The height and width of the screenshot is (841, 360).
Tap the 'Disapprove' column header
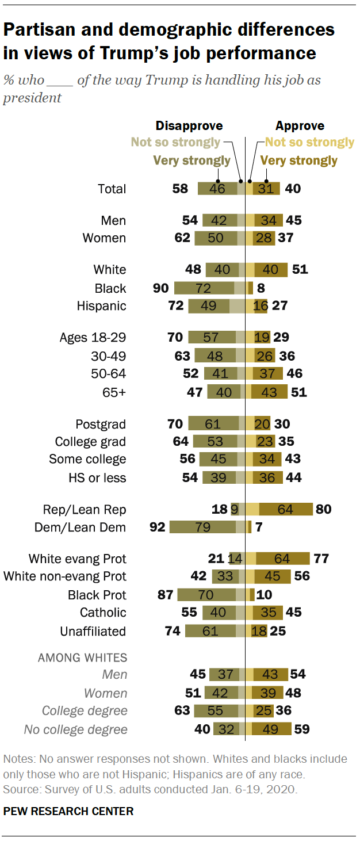pyautogui.click(x=189, y=126)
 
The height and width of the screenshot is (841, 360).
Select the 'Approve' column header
pyautogui.click(x=300, y=126)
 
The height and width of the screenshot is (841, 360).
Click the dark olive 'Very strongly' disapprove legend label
pyautogui.click(x=192, y=160)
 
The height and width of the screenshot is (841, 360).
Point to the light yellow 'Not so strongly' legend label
pyautogui.click(x=309, y=142)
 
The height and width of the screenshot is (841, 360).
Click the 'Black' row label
pyautogui.click(x=110, y=288)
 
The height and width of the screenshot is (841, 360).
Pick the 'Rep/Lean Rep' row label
pyautogui.click(x=84, y=509)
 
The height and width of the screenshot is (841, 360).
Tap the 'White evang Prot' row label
pyautogui.click(x=77, y=559)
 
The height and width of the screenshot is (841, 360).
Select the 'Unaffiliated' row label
pyautogui.click(x=93, y=631)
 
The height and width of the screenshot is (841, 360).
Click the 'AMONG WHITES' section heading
pyautogui.click(x=82, y=657)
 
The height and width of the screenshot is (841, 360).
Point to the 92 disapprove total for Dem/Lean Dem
pyautogui.click(x=156, y=527)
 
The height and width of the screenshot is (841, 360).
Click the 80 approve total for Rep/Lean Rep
pyautogui.click(x=323, y=509)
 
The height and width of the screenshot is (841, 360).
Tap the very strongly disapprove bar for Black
pyautogui.click(x=204, y=288)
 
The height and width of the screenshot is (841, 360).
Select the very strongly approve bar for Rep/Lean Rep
pyautogui.click(x=286, y=509)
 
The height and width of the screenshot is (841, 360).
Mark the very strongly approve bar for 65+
pyautogui.click(x=269, y=392)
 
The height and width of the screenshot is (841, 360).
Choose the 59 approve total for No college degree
pyautogui.click(x=301, y=730)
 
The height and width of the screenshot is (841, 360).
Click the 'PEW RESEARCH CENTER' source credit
pyautogui.click(x=68, y=811)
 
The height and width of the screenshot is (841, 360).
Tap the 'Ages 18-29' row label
pyautogui.click(x=93, y=337)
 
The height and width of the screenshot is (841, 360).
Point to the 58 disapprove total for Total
pyautogui.click(x=180, y=189)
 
